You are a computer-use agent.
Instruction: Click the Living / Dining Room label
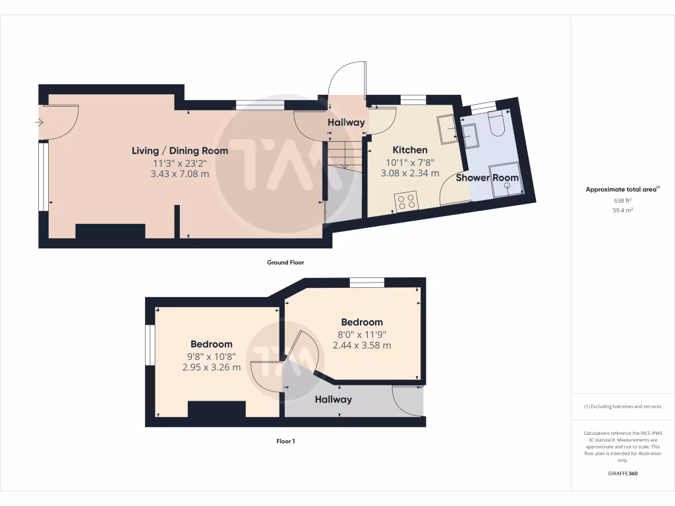(x=180, y=151)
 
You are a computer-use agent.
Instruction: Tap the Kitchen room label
(x=409, y=150)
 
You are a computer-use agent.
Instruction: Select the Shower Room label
(x=487, y=178)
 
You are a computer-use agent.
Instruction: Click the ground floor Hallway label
(x=346, y=123)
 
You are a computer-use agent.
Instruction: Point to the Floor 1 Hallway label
(x=333, y=399)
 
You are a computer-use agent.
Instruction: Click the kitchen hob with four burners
(x=406, y=200)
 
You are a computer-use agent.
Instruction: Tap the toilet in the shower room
(x=496, y=124)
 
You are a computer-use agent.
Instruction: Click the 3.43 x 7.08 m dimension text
(x=180, y=174)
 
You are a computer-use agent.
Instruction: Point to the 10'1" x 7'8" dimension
(x=409, y=162)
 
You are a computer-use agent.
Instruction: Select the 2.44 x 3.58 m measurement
(x=362, y=345)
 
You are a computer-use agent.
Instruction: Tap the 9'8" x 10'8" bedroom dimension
(x=211, y=356)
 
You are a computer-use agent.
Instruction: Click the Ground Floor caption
(x=285, y=262)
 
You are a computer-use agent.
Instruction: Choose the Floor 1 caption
(x=285, y=441)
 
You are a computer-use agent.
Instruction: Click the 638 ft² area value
(x=623, y=200)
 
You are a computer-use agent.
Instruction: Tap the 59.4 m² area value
(x=623, y=210)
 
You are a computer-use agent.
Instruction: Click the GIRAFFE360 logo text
(x=623, y=474)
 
